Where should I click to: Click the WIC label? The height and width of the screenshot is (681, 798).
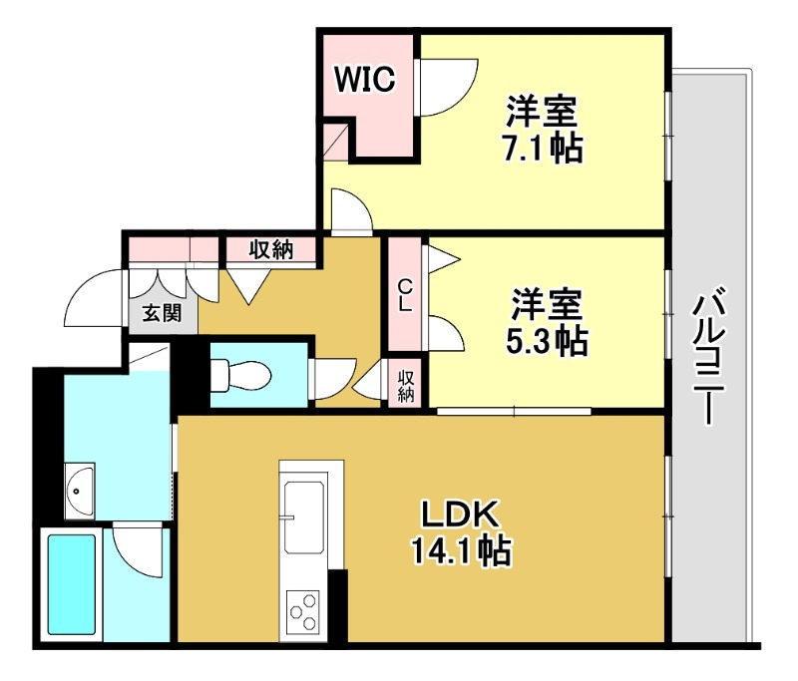(366, 79)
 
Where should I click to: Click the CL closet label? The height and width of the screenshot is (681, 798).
(405, 296)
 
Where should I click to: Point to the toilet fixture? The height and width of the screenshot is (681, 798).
(239, 374)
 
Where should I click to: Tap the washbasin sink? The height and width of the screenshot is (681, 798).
(79, 490)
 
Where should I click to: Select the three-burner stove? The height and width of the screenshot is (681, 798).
(304, 609)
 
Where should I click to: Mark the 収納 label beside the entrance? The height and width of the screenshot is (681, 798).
(270, 249)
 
